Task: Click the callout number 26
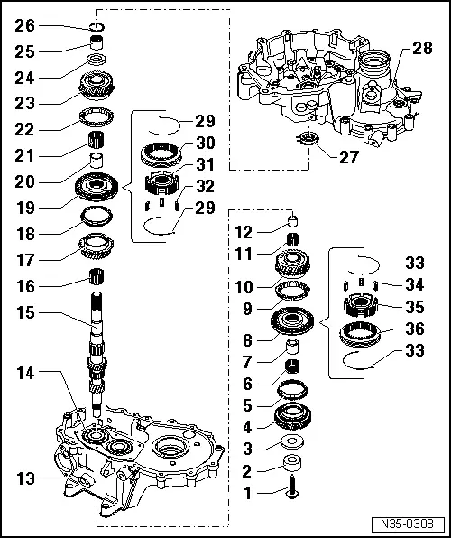point(24,24)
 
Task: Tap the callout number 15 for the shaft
point(24,315)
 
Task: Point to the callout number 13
point(24,478)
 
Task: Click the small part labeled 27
point(309,138)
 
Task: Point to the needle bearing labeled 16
point(96,275)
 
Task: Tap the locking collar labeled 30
point(163,153)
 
